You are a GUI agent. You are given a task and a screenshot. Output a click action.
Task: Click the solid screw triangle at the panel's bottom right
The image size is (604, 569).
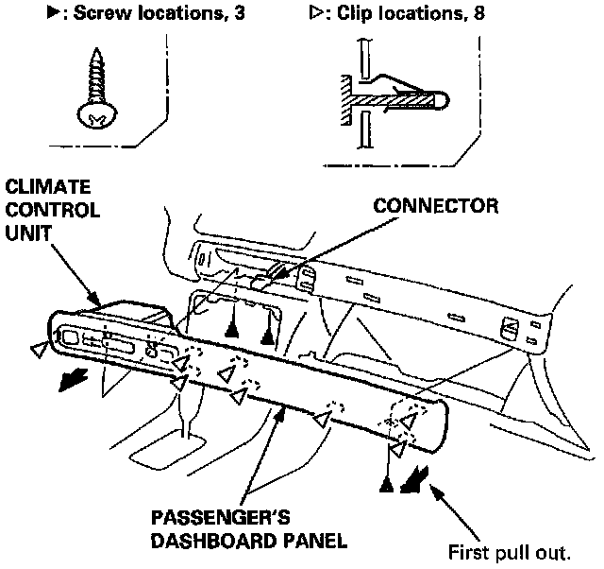(387, 484)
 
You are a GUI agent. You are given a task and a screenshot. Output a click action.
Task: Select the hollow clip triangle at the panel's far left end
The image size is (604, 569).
(37, 351)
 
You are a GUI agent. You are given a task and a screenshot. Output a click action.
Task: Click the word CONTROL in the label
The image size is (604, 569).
(51, 209)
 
